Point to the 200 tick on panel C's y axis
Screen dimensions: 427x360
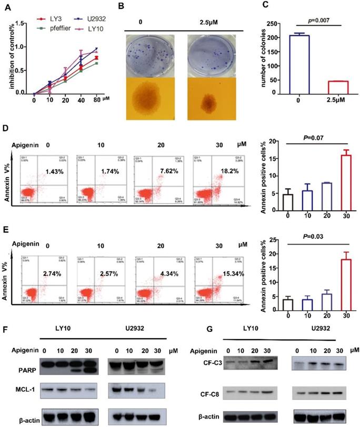tap(271, 38)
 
